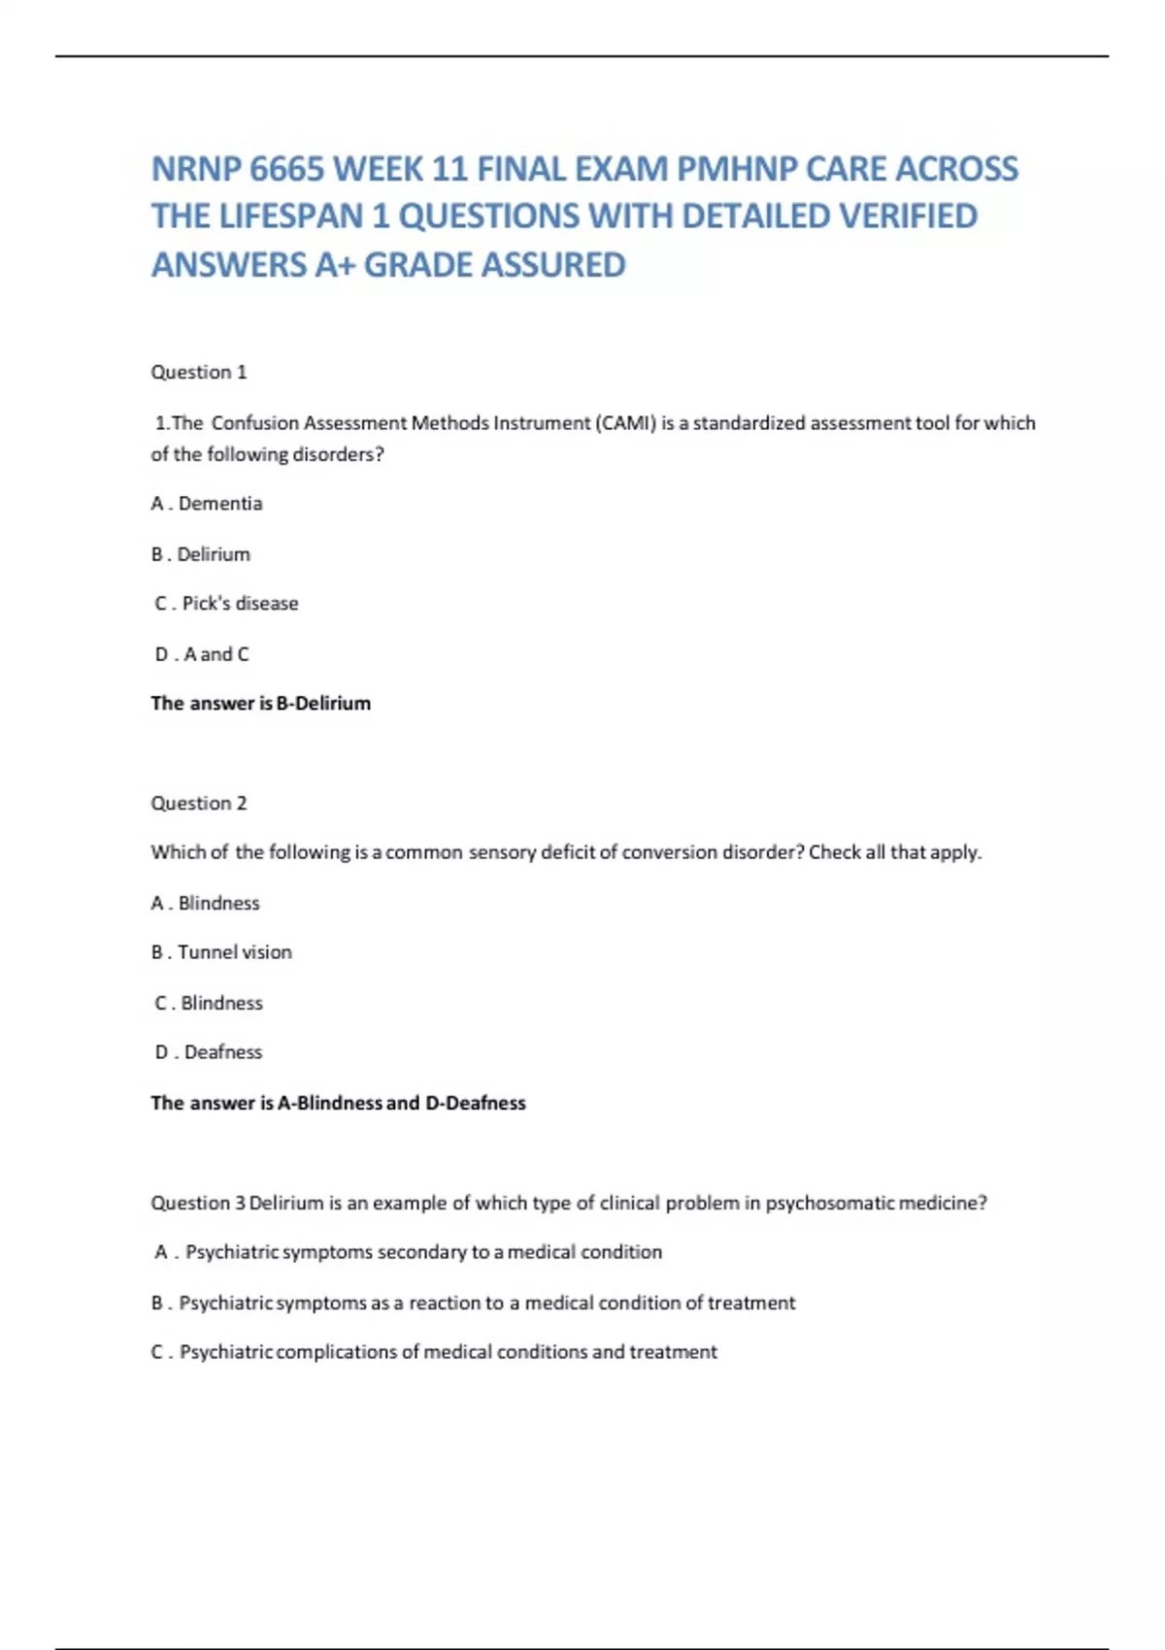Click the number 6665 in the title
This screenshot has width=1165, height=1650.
[286, 170]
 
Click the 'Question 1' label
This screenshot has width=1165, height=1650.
[199, 372]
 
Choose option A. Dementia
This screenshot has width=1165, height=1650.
[207, 504]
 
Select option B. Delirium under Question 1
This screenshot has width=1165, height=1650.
[201, 554]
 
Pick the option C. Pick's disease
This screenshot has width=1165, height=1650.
[226, 604]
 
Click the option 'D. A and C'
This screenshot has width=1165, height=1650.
[202, 654]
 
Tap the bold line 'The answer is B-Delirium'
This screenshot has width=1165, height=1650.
[260, 704]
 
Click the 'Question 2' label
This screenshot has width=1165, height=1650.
[199, 803]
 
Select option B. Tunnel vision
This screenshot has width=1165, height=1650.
[221, 952]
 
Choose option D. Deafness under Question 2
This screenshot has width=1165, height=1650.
[209, 1052]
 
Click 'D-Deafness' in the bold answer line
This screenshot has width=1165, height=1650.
[476, 1103]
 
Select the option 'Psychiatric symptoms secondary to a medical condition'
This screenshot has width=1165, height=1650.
[423, 1252]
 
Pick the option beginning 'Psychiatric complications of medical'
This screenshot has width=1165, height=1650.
[448, 1352]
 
